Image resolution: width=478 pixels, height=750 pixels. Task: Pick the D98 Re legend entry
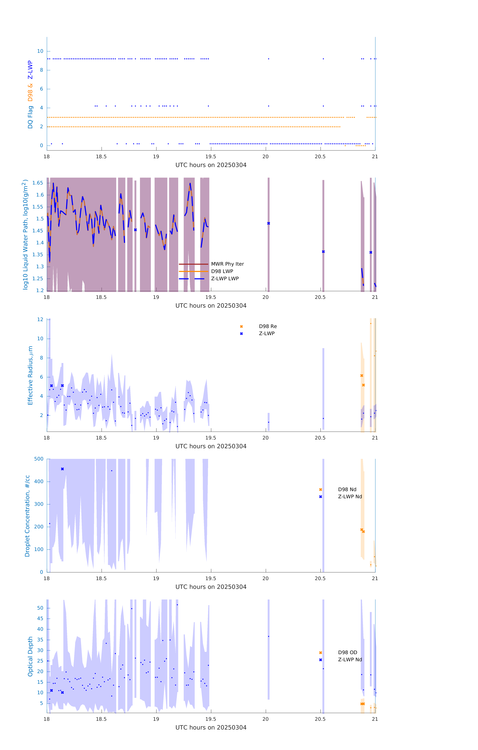click(x=268, y=326)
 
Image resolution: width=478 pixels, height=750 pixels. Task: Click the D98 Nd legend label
click(x=347, y=489)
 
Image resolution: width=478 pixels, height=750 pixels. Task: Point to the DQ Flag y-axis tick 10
click(x=40, y=51)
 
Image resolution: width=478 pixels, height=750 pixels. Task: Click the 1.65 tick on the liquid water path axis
click(x=38, y=183)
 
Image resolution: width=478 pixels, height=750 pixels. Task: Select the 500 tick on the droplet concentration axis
click(x=39, y=459)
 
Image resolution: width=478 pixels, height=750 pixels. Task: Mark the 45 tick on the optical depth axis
click(x=40, y=619)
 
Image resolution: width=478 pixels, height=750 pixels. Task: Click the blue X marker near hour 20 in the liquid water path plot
click(x=268, y=223)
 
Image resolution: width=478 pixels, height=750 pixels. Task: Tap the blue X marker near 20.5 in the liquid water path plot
click(x=323, y=252)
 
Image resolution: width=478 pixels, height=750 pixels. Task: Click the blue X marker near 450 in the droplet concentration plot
click(x=62, y=469)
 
